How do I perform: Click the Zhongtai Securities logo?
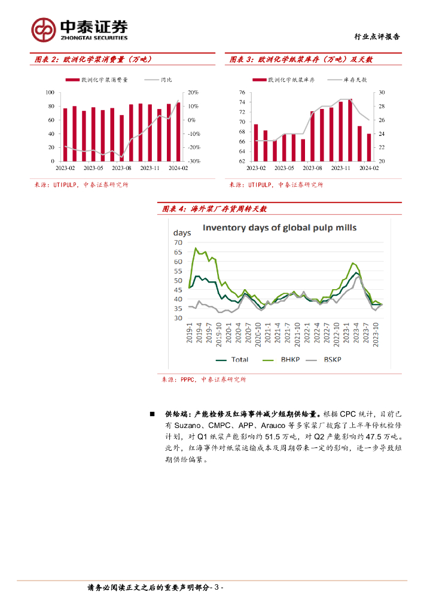(79, 28)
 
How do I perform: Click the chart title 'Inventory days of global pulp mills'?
(279, 227)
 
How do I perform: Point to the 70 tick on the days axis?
(177, 242)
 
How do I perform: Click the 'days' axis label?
(182, 232)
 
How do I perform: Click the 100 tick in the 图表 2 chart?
(50, 93)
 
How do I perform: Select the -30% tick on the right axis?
(193, 162)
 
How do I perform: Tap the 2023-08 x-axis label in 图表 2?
(121, 169)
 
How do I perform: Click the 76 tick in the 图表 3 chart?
(242, 93)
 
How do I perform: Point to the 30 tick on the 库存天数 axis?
(381, 93)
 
